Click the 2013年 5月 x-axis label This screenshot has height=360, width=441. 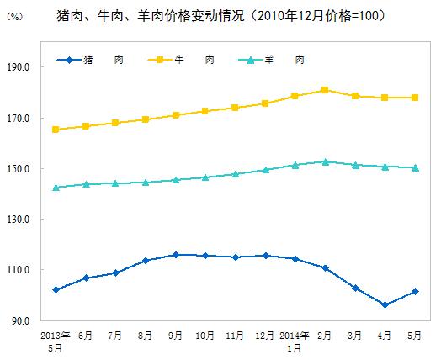[x=56, y=339]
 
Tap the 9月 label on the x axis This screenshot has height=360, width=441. [x=175, y=335]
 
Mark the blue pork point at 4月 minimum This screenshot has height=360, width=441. [x=385, y=305]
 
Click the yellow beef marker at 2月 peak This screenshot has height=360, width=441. [x=325, y=90]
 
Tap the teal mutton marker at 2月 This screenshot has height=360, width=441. [x=325, y=161]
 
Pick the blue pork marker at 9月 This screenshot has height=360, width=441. [x=175, y=255]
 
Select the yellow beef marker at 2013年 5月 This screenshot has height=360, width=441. [x=56, y=130]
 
